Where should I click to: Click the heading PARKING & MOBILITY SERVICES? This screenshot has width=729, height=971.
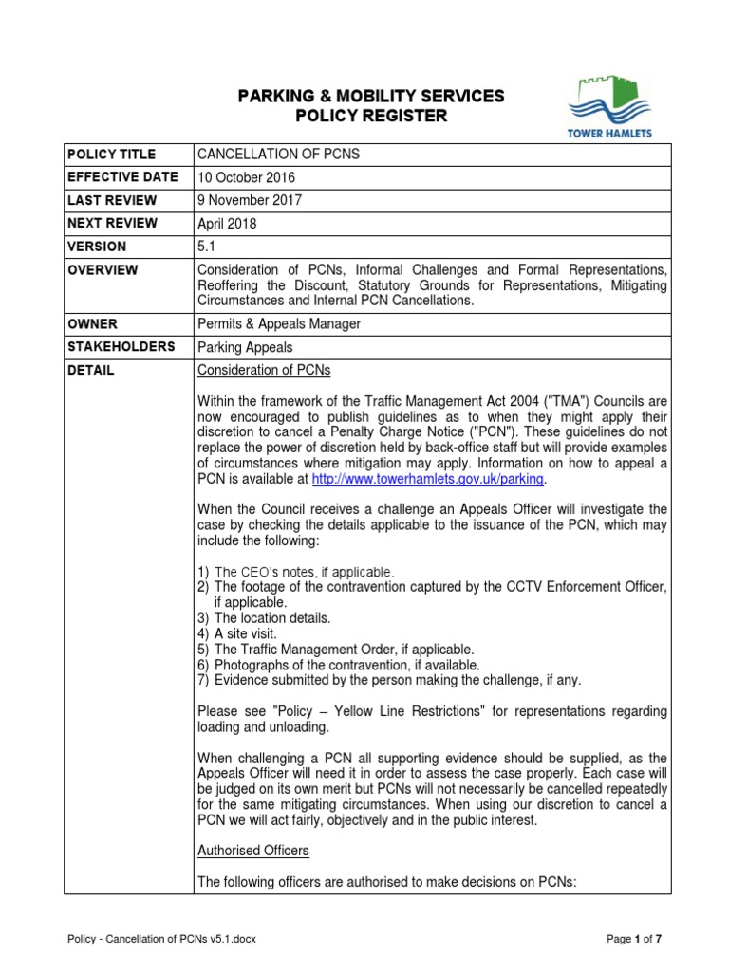(x=370, y=96)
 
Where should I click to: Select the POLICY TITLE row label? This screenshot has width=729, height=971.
(x=111, y=155)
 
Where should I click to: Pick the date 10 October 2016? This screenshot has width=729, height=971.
(x=246, y=177)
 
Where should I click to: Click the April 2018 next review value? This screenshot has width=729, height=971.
(x=227, y=224)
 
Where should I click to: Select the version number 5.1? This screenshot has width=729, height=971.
(x=206, y=247)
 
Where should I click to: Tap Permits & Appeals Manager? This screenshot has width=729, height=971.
(x=279, y=323)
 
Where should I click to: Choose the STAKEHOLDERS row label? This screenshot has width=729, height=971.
(x=121, y=347)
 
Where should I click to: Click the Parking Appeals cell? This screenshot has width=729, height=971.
(x=245, y=348)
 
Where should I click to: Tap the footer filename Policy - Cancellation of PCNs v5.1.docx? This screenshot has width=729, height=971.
(x=162, y=939)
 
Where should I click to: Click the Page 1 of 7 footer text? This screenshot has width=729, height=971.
(x=634, y=939)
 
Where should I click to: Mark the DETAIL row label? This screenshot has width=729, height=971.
(x=90, y=371)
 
